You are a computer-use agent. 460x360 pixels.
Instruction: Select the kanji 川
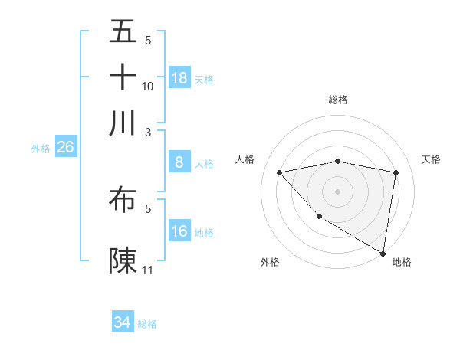123,123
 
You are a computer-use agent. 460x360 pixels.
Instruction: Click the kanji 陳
123,260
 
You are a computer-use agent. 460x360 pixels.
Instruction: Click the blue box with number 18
179,78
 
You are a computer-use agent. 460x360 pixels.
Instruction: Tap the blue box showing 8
179,162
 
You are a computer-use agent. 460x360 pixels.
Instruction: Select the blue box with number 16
179,231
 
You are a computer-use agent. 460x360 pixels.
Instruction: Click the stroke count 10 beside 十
148,86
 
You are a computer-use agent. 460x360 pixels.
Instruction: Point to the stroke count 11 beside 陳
148,270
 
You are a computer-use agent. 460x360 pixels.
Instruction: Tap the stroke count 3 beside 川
148,132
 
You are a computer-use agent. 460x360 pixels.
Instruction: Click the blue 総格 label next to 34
148,324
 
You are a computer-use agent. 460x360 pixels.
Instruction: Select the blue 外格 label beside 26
41,149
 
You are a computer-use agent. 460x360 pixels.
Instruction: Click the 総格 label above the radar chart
338,100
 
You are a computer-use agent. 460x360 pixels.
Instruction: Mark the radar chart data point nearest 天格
396,172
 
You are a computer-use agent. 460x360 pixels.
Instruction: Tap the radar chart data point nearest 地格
383,253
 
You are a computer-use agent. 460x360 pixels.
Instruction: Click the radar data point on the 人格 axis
280,172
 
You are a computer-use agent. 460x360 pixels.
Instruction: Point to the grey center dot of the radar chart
338,191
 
